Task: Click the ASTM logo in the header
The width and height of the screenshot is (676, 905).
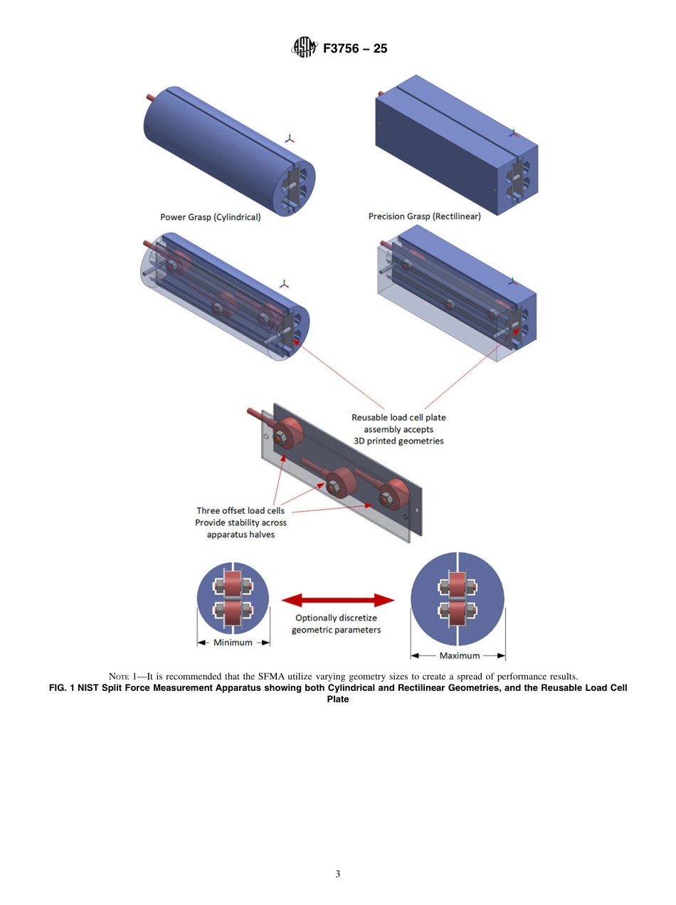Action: click(304, 48)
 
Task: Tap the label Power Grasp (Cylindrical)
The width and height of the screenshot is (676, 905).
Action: click(210, 217)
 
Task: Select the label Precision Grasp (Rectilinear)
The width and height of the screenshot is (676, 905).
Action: click(424, 216)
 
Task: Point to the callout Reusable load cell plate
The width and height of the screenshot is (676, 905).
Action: click(398, 418)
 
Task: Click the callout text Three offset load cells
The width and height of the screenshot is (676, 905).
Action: click(241, 511)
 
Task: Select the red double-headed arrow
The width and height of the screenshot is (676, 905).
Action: click(338, 600)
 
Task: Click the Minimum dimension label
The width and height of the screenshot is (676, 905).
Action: click(233, 642)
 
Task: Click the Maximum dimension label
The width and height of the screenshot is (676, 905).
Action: click(459, 655)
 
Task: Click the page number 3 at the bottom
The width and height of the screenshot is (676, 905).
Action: click(338, 874)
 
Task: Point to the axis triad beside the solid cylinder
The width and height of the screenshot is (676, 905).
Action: click(288, 138)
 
